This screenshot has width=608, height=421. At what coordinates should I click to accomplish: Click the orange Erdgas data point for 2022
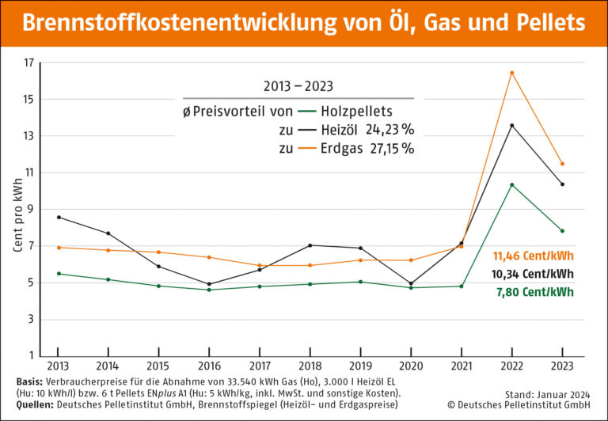click(x=511, y=73)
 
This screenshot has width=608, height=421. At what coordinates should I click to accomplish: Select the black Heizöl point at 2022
click(x=511, y=125)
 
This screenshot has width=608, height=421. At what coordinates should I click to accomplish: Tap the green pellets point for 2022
click(x=511, y=184)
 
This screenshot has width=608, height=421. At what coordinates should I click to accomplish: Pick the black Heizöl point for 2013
click(x=58, y=217)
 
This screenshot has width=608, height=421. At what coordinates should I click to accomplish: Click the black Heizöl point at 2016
click(x=209, y=283)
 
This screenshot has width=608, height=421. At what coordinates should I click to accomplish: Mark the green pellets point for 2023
click(x=562, y=231)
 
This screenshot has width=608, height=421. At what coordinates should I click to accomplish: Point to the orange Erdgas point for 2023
click(x=562, y=164)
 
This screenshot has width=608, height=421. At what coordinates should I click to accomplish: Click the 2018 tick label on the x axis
click(x=310, y=367)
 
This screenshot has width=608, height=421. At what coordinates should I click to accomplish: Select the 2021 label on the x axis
click(x=461, y=367)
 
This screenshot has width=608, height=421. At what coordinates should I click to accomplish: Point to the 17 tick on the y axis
click(x=29, y=63)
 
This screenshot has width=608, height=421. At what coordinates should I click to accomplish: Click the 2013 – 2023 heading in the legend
click(x=296, y=85)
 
